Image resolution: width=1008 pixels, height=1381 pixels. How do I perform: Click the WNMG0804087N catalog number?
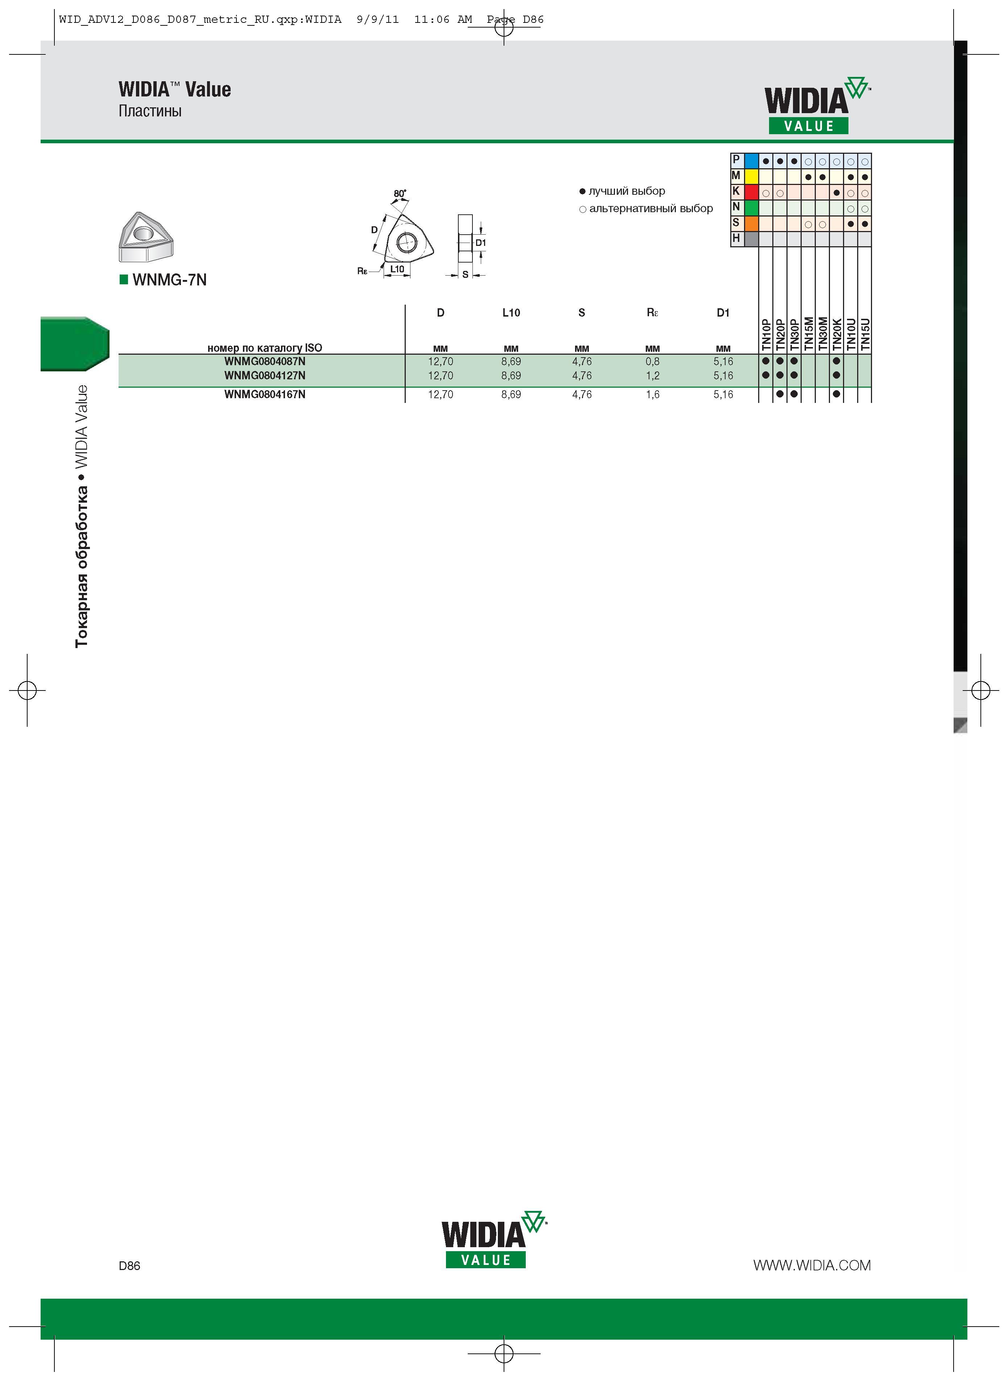click(265, 361)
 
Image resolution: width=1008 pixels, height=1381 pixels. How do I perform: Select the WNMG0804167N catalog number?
click(265, 394)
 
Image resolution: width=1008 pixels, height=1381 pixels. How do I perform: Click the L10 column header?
click(511, 313)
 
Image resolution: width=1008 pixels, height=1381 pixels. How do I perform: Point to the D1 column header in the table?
click(723, 313)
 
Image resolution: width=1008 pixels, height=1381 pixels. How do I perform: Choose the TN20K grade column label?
click(836, 334)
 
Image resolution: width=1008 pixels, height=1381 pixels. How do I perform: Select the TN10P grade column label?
click(766, 334)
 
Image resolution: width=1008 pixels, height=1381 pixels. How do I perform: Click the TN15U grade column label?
click(865, 334)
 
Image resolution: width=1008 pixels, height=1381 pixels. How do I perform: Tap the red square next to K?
click(751, 191)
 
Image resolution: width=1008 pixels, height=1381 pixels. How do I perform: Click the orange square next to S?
click(751, 223)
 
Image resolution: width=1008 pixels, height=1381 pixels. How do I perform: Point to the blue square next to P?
click(751, 161)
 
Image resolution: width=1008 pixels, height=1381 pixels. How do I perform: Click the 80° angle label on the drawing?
click(400, 193)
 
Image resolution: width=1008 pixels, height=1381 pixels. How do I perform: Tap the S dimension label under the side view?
click(465, 275)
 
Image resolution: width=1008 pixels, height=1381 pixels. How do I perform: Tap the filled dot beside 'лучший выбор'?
click(582, 191)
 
